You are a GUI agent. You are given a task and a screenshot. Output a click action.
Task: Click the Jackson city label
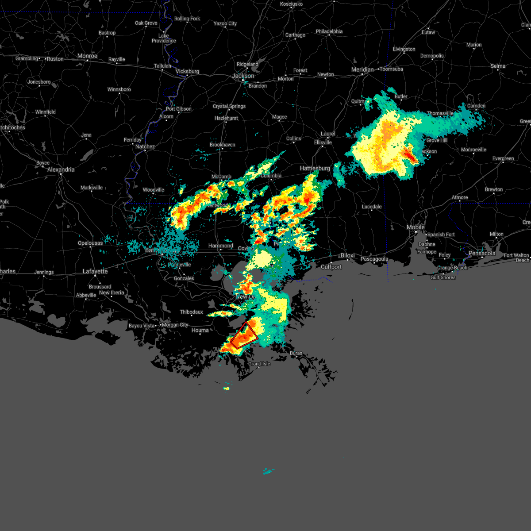click(243, 76)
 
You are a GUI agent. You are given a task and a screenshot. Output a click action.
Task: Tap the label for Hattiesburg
click(315, 168)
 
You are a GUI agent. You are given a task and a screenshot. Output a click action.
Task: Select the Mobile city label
click(416, 227)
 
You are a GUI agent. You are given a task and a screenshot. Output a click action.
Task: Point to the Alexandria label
click(61, 169)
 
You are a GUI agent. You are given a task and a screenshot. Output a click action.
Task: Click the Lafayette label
click(95, 271)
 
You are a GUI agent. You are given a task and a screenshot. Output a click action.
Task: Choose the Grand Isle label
click(259, 364)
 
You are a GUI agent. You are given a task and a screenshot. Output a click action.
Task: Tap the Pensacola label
click(482, 254)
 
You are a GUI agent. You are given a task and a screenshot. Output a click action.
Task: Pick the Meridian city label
click(362, 69)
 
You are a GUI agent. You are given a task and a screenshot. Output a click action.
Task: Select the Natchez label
click(145, 146)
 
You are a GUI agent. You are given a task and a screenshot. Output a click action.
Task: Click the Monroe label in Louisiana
click(87, 56)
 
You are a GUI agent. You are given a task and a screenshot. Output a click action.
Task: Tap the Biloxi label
click(348, 255)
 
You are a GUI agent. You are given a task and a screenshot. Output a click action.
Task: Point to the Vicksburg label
click(187, 71)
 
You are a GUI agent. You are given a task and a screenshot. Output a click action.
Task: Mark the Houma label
click(200, 330)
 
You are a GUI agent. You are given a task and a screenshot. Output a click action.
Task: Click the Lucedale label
click(372, 207)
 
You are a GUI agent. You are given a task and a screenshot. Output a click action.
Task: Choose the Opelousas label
click(90, 243)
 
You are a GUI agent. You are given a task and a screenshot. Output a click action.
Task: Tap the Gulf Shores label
click(443, 277)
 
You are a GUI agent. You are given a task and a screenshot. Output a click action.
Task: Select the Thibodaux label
click(192, 312)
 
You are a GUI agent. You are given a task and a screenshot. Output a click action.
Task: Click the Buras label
click(296, 353)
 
